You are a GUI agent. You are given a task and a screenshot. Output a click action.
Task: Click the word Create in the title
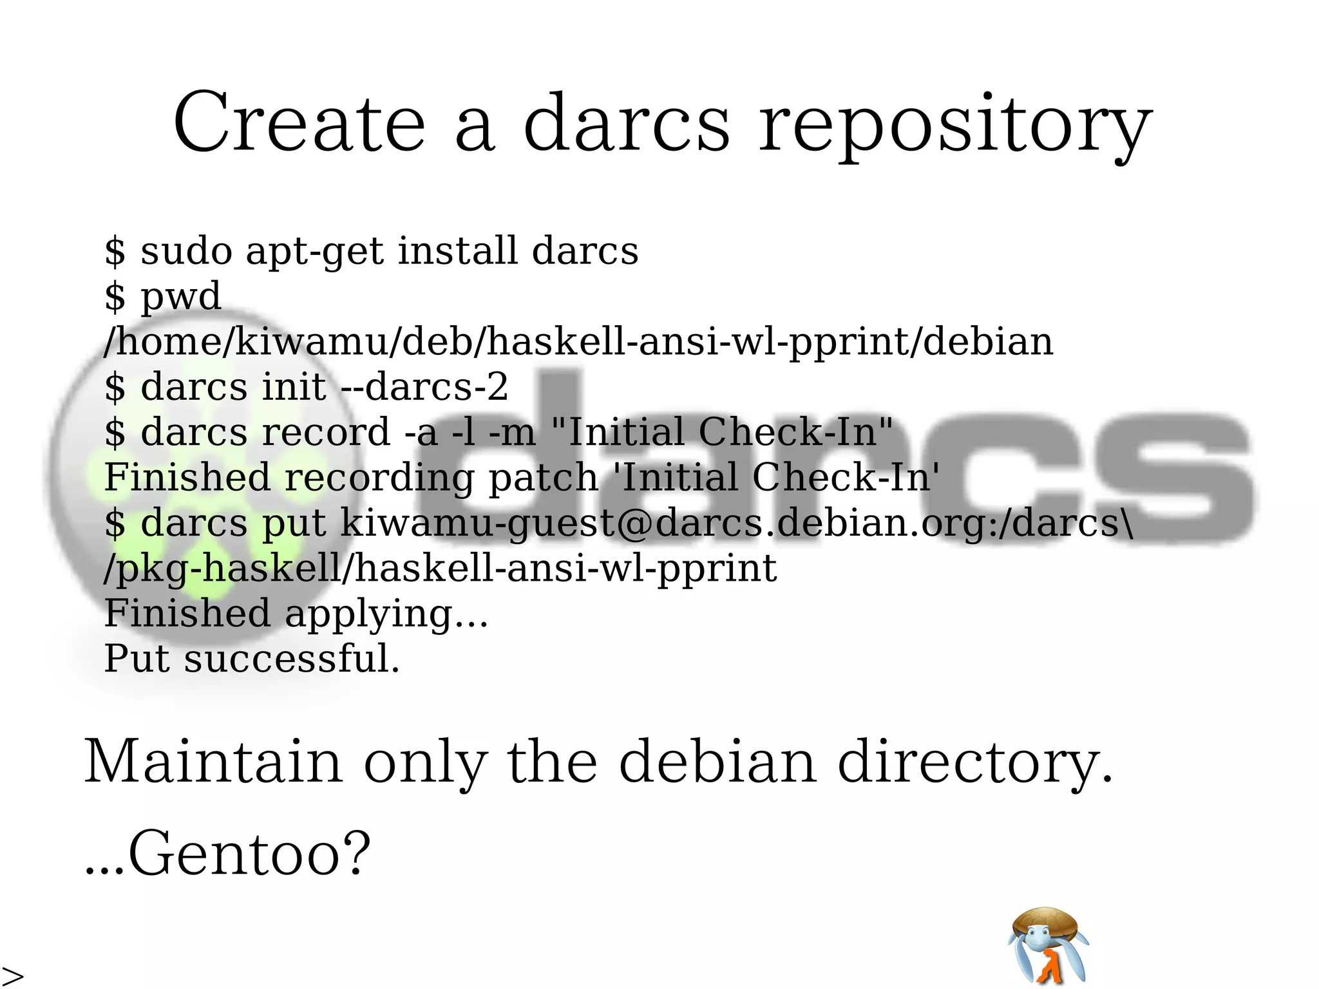299,122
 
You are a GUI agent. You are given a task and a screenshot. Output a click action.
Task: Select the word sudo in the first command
186,250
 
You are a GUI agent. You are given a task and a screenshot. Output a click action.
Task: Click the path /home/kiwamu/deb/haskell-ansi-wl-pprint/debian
578,342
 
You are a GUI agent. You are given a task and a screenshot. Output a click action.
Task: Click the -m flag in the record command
512,432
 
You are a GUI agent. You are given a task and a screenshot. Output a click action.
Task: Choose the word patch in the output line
543,478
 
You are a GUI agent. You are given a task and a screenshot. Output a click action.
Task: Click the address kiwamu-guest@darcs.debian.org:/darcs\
735,522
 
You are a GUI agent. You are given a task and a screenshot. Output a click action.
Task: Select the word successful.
292,659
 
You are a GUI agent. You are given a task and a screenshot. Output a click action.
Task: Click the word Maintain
213,762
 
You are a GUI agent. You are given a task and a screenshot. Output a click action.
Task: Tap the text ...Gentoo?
228,854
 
